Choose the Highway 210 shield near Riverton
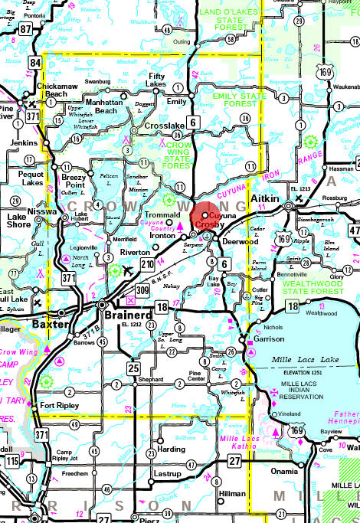tap(148, 265)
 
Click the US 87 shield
tap(26, 29)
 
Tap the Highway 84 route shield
tap(35, 61)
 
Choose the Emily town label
tap(177, 101)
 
